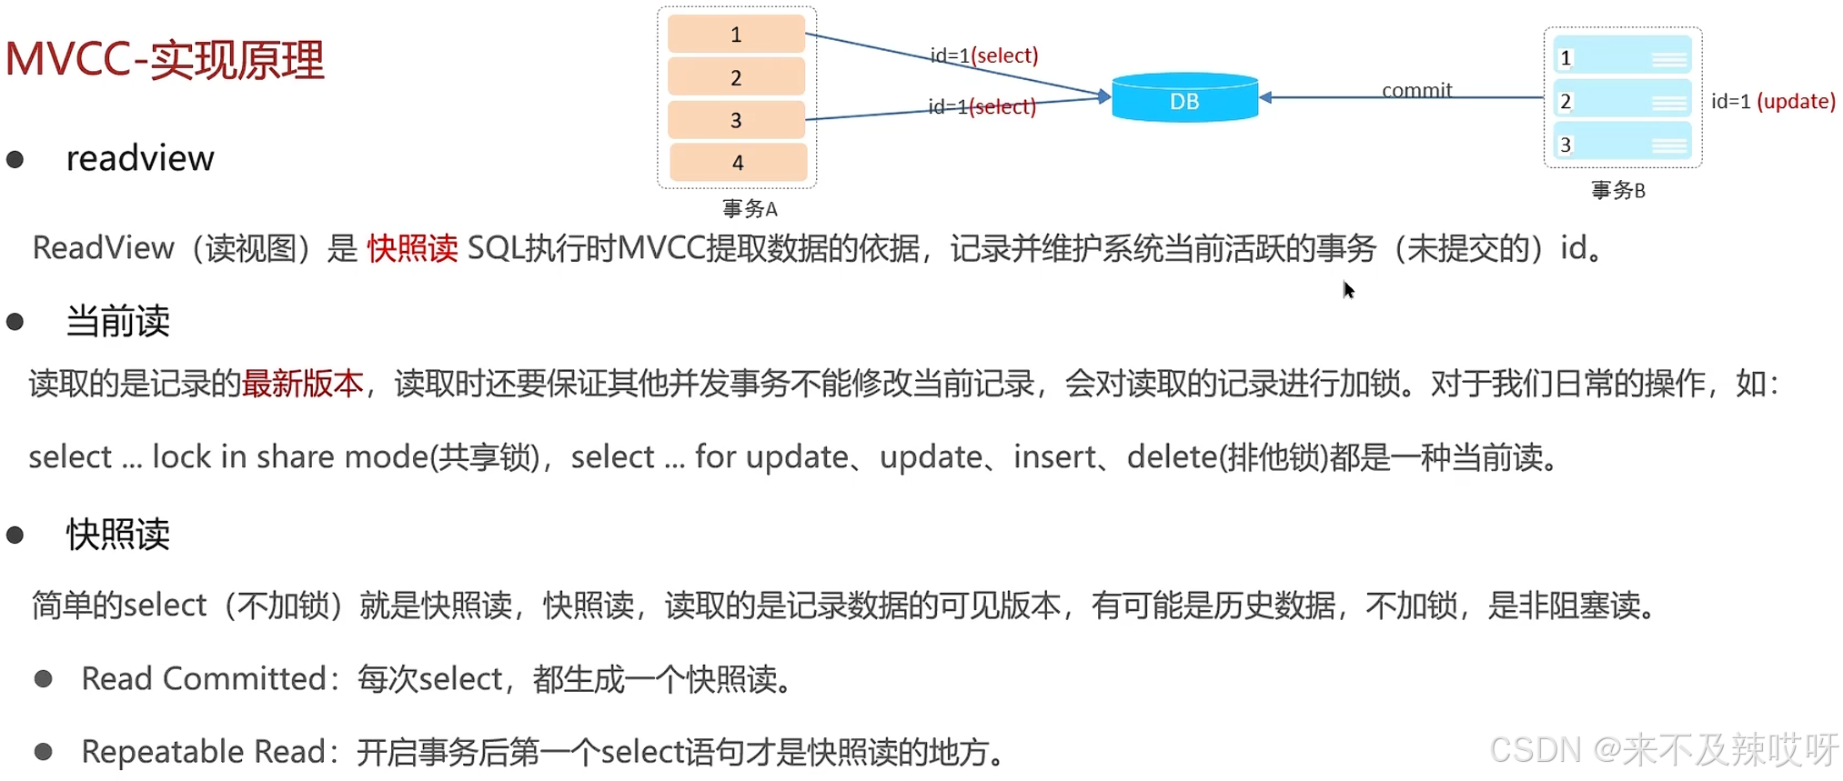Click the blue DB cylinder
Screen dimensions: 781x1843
click(x=1184, y=99)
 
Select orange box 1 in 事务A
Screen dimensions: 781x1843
click(x=736, y=35)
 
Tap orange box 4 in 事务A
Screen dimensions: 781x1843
click(x=738, y=163)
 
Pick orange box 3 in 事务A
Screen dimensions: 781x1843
click(x=736, y=120)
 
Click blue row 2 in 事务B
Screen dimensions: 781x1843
click(x=1622, y=101)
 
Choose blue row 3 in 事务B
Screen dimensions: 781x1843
click(x=1622, y=145)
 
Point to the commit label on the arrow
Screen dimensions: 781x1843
click(x=1416, y=90)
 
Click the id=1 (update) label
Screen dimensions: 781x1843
click(x=1772, y=101)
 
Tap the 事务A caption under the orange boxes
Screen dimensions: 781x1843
click(x=750, y=209)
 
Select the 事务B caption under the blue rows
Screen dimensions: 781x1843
click(x=1617, y=190)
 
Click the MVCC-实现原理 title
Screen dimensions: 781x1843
click(x=165, y=60)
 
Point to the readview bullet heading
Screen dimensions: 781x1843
click(x=140, y=158)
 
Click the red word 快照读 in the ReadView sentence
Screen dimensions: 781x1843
click(x=412, y=248)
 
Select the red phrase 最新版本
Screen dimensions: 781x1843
click(x=302, y=384)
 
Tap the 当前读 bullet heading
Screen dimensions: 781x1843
click(x=117, y=321)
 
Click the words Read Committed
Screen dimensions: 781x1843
click(x=204, y=678)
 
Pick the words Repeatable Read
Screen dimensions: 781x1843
click(x=203, y=752)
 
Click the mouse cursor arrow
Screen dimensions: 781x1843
click(x=1348, y=289)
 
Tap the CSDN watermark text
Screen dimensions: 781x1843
click(x=1663, y=750)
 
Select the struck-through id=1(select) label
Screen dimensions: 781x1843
click(x=982, y=106)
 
